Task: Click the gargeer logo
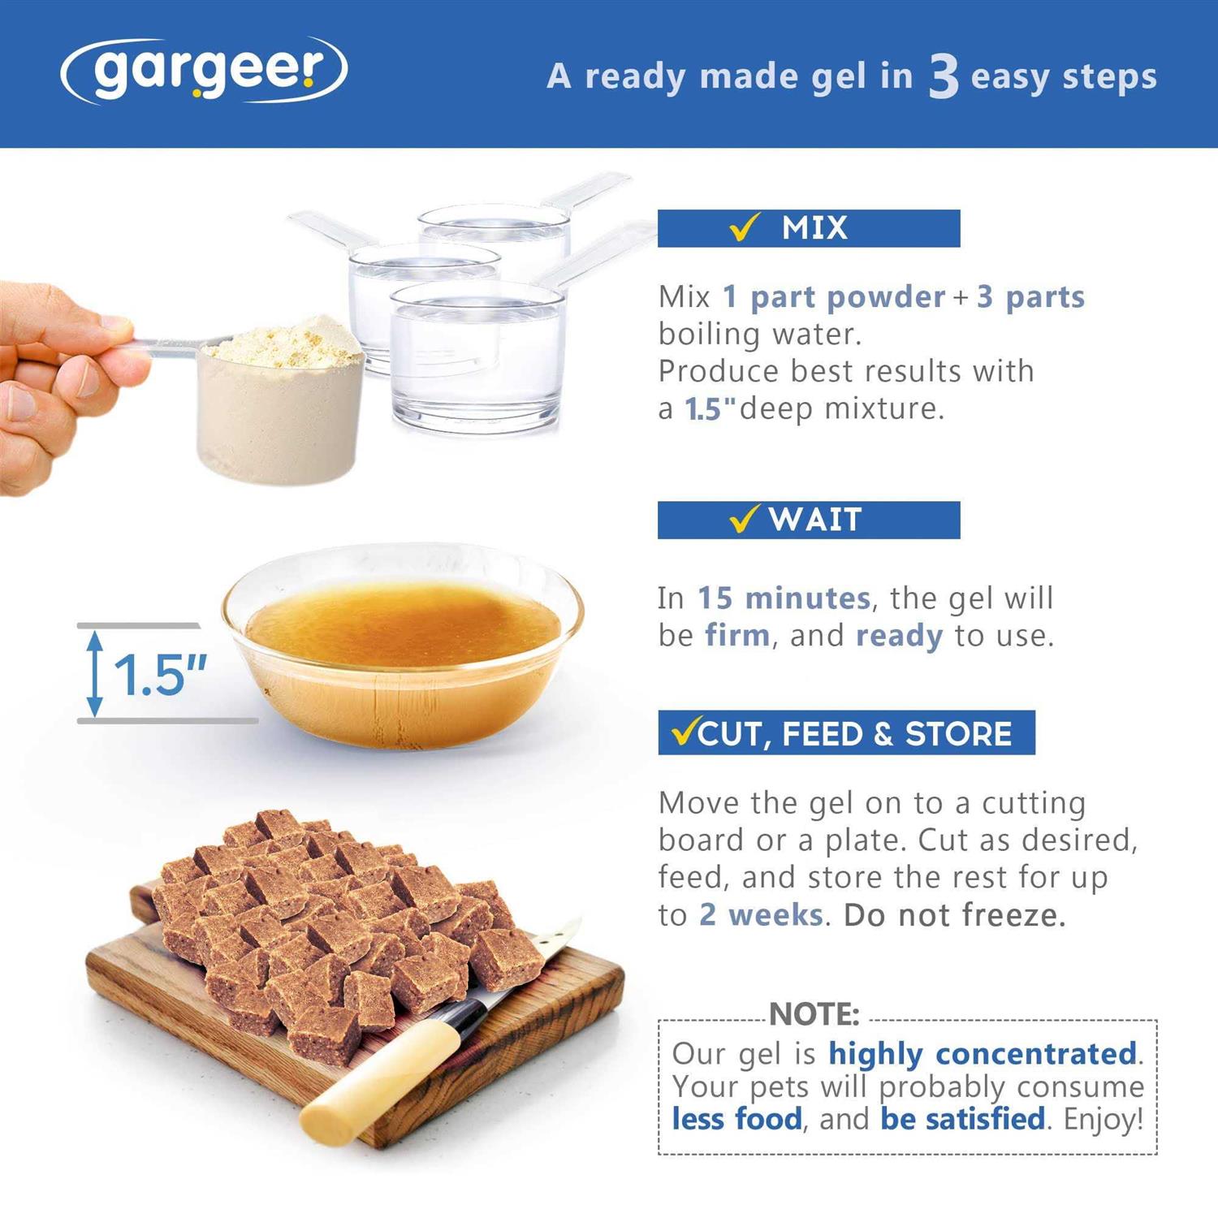pyautogui.click(x=204, y=71)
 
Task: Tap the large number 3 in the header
pyautogui.click(x=944, y=78)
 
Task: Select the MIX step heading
pyautogui.click(x=814, y=228)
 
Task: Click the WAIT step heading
pyautogui.click(x=814, y=520)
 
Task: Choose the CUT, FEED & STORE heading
pyautogui.click(x=854, y=733)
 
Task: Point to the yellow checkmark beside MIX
pyautogui.click(x=745, y=227)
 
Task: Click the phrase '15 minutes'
pyautogui.click(x=784, y=598)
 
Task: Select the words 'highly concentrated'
pyautogui.click(x=982, y=1054)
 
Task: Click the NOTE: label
pyautogui.click(x=814, y=1014)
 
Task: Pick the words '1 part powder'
pyautogui.click(x=834, y=297)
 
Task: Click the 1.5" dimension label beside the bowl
pyautogui.click(x=160, y=675)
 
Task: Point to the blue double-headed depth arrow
pyautogui.click(x=96, y=674)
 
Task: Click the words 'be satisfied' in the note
pyautogui.click(x=962, y=1119)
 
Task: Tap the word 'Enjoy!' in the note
pyautogui.click(x=1104, y=1119)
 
